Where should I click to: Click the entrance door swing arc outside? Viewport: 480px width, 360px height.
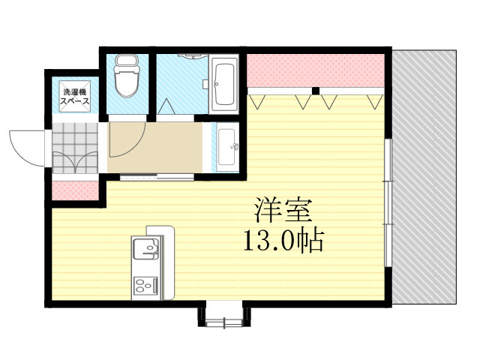[x=26, y=146]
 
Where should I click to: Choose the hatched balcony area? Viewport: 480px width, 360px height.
[x=424, y=176]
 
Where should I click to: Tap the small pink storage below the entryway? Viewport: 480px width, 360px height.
[x=75, y=190]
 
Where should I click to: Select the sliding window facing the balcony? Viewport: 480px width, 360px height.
[x=387, y=202]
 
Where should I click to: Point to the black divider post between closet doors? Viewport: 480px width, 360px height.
[x=316, y=91]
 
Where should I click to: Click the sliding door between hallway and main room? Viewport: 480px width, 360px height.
[x=146, y=177]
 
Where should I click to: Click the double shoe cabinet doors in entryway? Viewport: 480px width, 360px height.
[x=75, y=163]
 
